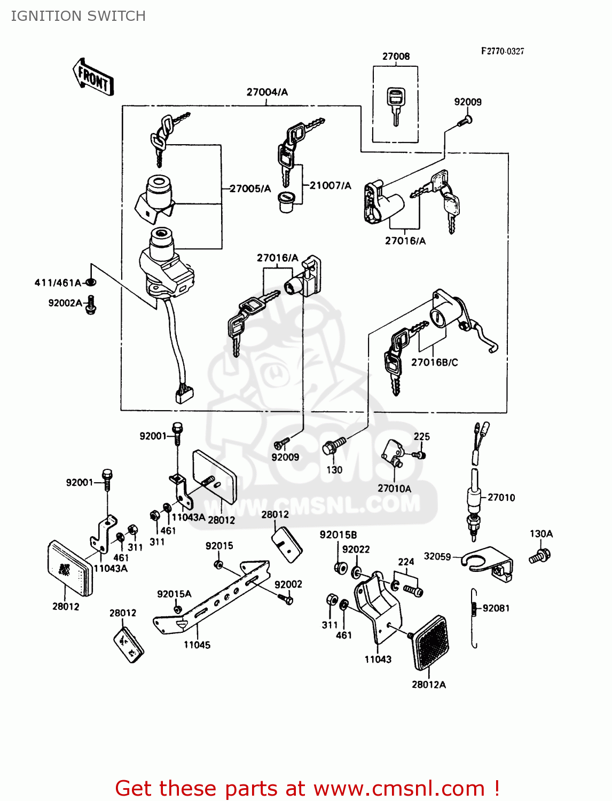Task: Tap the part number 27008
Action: [x=396, y=57]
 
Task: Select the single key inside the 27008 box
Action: [x=395, y=106]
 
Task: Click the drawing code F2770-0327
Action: [x=503, y=51]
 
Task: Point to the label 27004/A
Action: [x=267, y=92]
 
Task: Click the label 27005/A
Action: [x=250, y=189]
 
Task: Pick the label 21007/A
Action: [x=331, y=186]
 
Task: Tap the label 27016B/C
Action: [x=434, y=363]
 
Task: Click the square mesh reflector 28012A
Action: [x=430, y=643]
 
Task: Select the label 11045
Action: [x=197, y=645]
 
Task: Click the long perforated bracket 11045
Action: [x=214, y=598]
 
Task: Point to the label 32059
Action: [x=437, y=556]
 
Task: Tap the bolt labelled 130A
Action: [x=539, y=555]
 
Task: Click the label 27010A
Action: [x=394, y=489]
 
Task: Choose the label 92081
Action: [x=496, y=608]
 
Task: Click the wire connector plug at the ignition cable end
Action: [x=184, y=394]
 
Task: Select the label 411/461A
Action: [x=58, y=283]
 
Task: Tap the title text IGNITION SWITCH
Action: [x=79, y=16]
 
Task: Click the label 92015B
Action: [x=338, y=535]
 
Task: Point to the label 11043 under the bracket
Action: [x=378, y=659]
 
